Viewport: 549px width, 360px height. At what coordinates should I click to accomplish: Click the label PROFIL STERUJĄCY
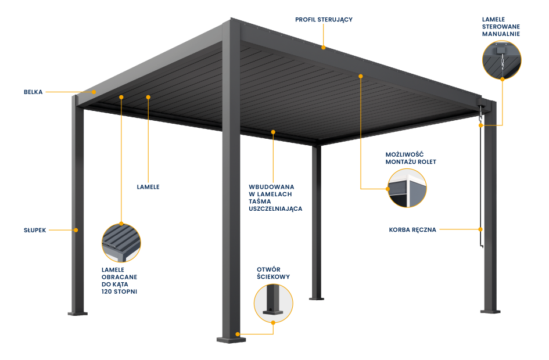[x=324, y=20]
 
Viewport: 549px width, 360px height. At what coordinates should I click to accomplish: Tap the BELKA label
[x=33, y=92]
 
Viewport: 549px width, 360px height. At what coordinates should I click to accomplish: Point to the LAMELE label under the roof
[x=148, y=187]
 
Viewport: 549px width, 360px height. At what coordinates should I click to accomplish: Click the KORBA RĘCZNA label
[x=412, y=230]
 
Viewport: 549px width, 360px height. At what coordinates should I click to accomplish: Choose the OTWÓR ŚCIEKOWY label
[x=273, y=273]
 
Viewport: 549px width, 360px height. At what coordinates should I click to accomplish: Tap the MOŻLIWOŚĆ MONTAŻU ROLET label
[x=410, y=158]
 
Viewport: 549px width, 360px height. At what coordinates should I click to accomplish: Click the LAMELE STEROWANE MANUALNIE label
[x=501, y=27]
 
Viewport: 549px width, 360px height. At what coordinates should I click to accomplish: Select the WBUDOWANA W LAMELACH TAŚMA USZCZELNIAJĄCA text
[x=275, y=197]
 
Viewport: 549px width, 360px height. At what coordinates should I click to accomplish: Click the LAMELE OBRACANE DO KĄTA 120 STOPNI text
[x=120, y=280]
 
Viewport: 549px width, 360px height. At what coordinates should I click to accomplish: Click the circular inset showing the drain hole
[x=273, y=303]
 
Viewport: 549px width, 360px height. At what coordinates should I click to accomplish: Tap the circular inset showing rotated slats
[x=121, y=243]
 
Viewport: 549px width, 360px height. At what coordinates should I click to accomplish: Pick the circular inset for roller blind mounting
[x=407, y=188]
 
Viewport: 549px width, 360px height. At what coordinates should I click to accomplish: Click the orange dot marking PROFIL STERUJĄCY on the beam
[x=324, y=47]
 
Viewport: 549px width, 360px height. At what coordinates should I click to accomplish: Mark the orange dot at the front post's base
[x=238, y=334]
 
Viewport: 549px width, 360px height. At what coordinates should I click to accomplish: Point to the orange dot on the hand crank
[x=480, y=230]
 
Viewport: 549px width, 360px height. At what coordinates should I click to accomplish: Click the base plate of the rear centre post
[x=316, y=298]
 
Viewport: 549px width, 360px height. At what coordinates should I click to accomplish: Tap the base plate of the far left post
[x=77, y=314]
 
